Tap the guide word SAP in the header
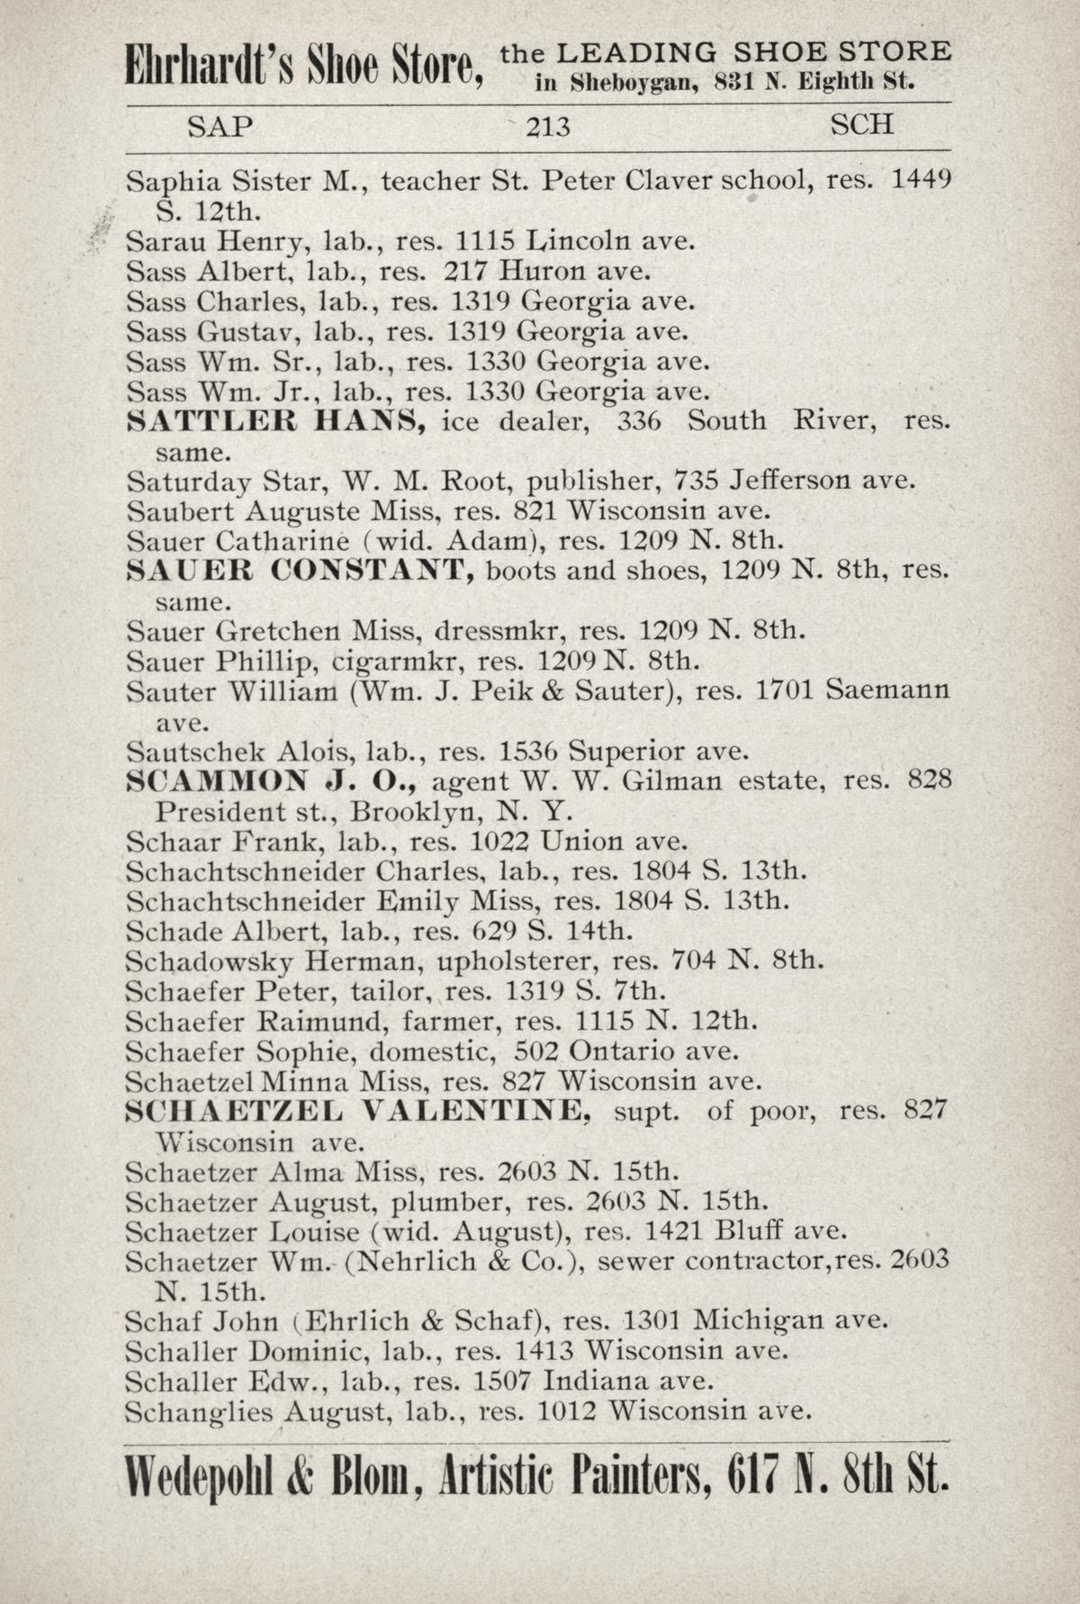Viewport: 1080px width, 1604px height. coord(220,126)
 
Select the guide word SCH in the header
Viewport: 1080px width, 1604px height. coord(861,124)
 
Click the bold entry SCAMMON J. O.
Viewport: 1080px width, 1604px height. coord(271,781)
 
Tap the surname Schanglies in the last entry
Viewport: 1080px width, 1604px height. coord(199,1412)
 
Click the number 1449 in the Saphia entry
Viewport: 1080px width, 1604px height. coord(921,180)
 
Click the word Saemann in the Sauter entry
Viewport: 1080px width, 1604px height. coord(887,691)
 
